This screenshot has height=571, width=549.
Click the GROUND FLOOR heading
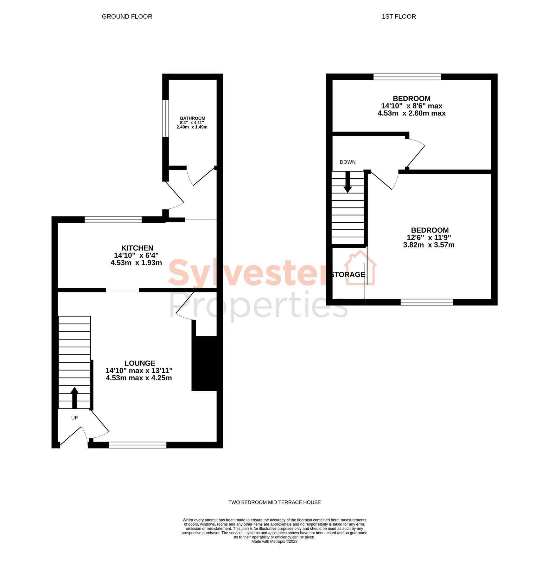click(127, 16)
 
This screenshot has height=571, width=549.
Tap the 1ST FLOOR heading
click(399, 16)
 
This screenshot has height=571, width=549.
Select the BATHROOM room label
click(193, 118)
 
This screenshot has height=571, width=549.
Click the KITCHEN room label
click(137, 248)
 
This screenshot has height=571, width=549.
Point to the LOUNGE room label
click(140, 363)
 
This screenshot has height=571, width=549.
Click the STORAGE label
click(348, 274)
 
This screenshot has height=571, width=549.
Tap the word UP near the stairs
click(74, 418)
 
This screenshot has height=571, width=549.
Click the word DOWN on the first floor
click(348, 162)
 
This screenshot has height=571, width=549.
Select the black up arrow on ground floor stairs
click(74, 398)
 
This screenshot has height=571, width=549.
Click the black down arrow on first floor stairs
click(348, 182)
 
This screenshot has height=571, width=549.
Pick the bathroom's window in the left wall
click(165, 119)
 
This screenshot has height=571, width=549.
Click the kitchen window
click(113, 220)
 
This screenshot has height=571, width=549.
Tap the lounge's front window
click(137, 445)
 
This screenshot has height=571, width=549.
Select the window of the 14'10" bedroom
click(407, 77)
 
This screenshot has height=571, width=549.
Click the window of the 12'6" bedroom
click(427, 302)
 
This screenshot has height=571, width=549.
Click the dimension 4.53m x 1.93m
click(136, 263)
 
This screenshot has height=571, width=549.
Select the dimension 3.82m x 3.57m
click(429, 245)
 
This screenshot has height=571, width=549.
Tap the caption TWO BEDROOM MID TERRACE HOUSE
click(275, 502)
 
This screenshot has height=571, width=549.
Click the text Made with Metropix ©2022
click(275, 541)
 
